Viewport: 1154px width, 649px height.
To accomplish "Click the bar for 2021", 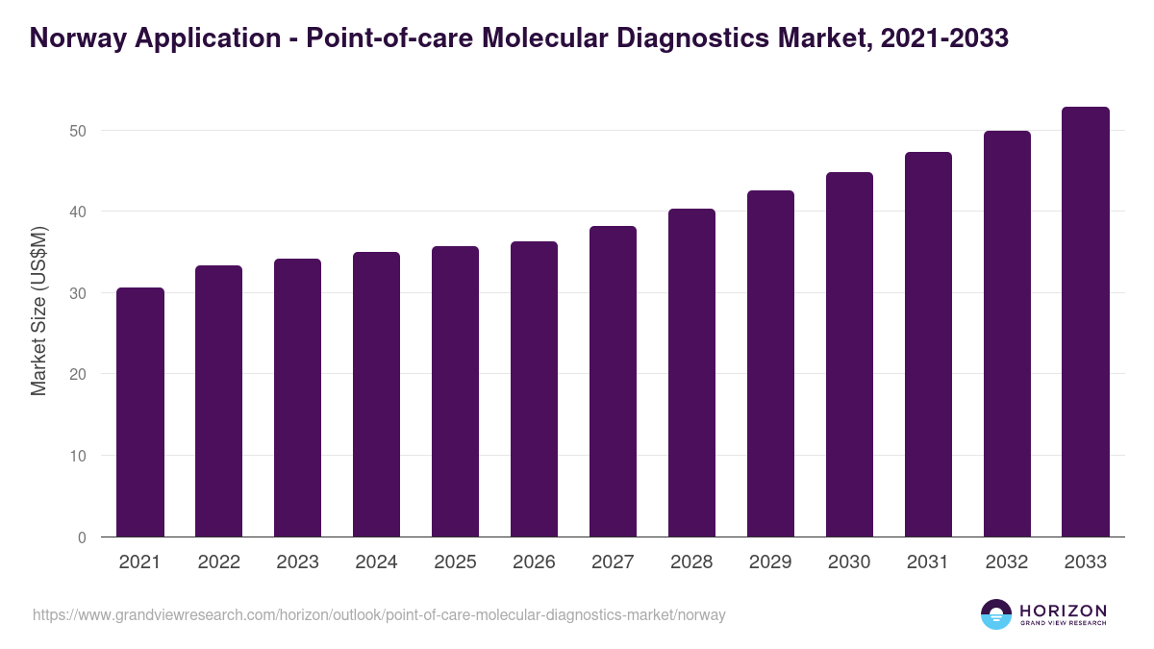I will tap(140, 412).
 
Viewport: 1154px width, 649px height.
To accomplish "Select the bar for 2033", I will tap(1086, 322).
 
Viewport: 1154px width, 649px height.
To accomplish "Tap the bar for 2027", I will tap(613, 382).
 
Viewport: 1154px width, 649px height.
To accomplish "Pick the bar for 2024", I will tap(376, 394).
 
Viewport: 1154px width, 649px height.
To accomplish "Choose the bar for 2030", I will tap(849, 355).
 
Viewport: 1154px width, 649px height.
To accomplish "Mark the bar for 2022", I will tap(219, 401).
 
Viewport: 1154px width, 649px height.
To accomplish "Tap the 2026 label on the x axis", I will tap(534, 562).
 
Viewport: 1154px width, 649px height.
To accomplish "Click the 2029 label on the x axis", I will tap(770, 562).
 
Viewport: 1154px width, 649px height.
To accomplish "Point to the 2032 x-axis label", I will tap(1007, 562).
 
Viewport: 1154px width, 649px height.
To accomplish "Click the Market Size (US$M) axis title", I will tap(38, 312).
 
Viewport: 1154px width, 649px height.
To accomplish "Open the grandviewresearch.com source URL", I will tap(379, 614).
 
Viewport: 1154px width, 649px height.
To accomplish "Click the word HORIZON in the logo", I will tap(1063, 610).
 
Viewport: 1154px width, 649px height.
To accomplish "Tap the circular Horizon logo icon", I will tap(996, 614).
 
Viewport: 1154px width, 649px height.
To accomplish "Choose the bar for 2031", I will tap(928, 344).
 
